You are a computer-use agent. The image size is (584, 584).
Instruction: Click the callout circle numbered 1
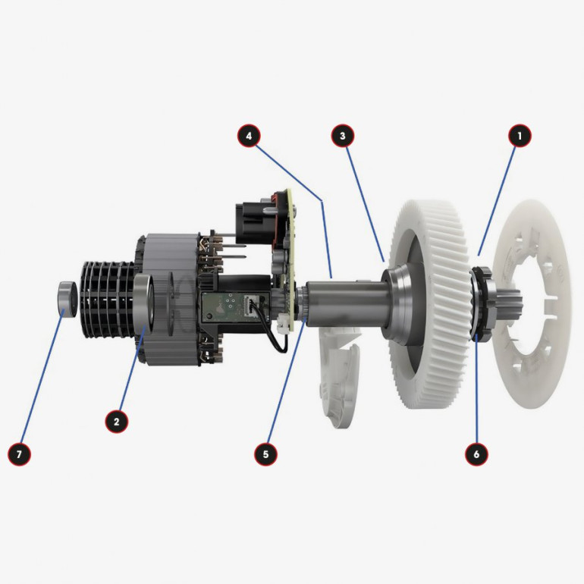520,136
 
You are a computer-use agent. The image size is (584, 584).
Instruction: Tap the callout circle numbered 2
117,422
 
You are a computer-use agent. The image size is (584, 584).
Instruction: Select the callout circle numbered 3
343,136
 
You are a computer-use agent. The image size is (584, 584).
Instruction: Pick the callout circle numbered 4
249,136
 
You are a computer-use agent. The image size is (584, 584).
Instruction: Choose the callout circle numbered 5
265,454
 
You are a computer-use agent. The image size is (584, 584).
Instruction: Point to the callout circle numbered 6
476,454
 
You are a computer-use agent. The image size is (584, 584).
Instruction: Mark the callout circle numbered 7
19,454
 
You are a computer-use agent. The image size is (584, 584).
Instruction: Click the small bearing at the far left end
68,300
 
